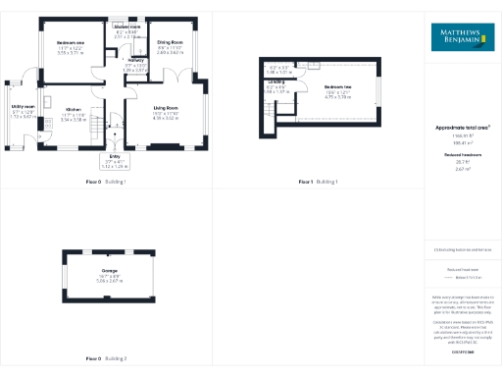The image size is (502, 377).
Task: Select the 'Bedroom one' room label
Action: point(71,43)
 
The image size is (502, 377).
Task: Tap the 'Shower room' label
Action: point(125,27)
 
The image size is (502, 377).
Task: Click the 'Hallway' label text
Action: point(133,60)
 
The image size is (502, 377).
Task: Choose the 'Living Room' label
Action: point(165,108)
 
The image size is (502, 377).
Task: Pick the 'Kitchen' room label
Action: point(74,109)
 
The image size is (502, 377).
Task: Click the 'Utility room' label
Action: point(24,105)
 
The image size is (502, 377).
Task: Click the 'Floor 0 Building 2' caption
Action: point(106,359)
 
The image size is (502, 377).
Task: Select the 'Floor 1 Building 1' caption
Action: point(318,183)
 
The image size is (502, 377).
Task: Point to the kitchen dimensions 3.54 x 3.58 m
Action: point(74,120)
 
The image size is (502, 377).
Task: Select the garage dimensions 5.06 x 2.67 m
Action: point(110,280)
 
